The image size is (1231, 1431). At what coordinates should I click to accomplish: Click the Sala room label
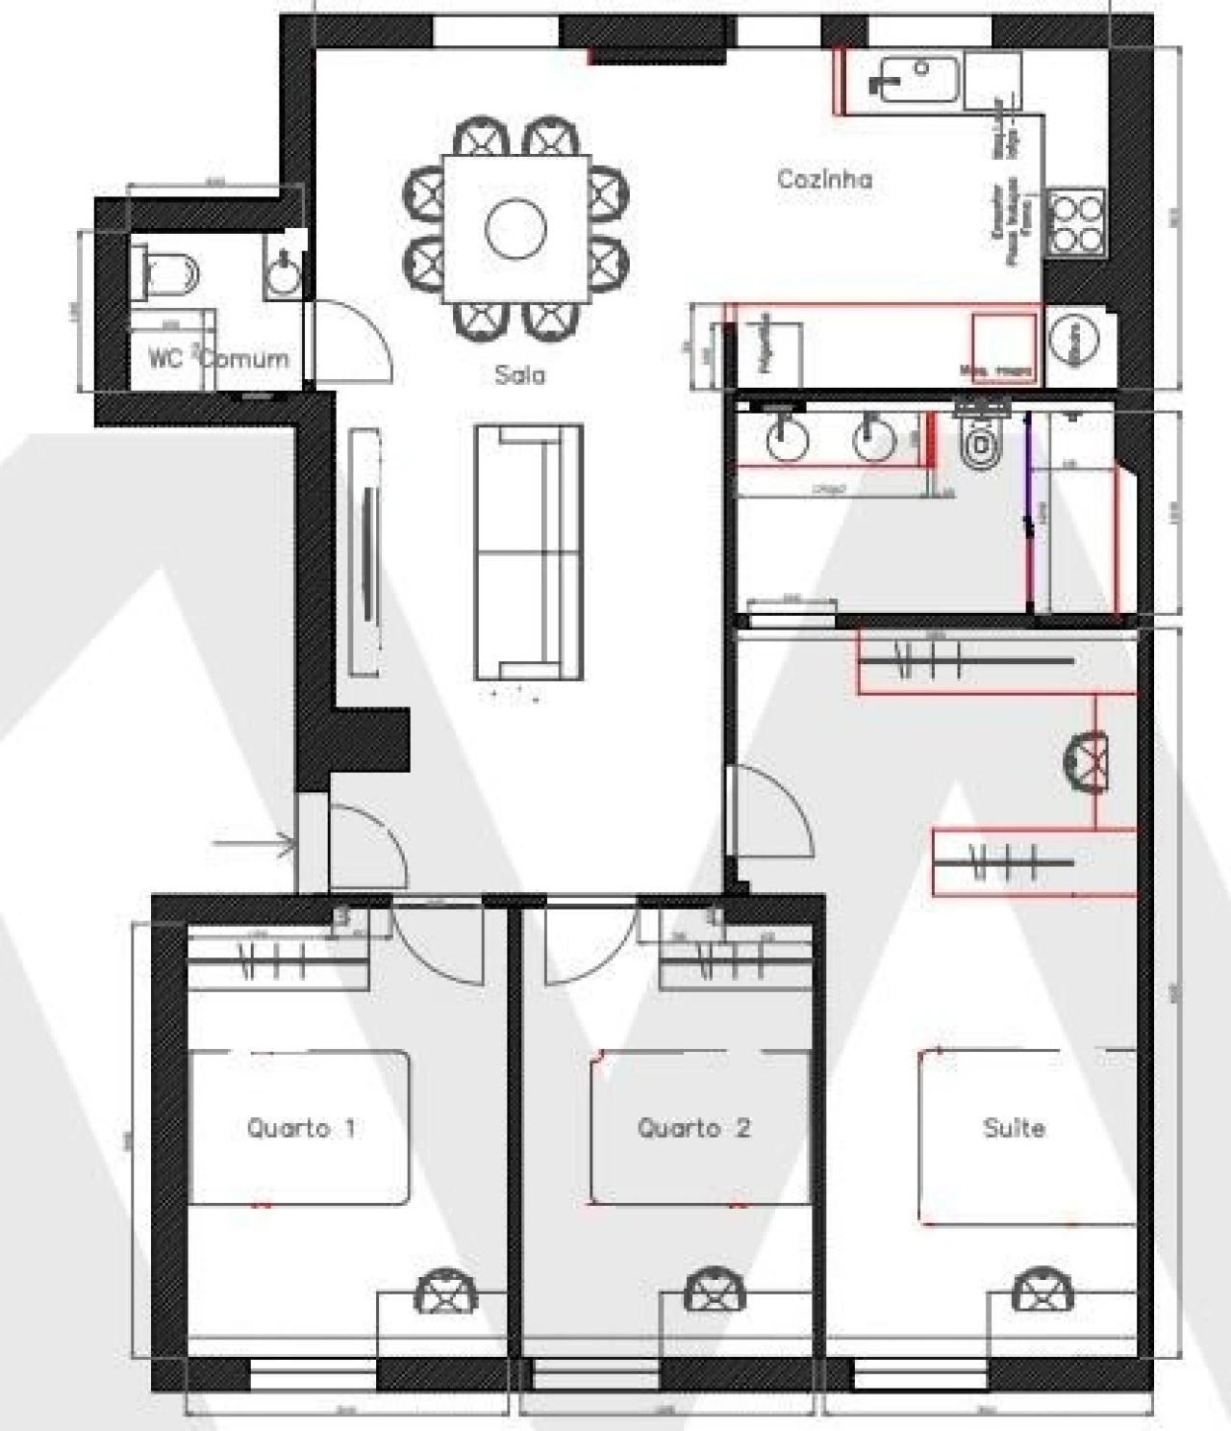point(519,374)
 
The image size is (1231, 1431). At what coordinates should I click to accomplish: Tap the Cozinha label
point(824,179)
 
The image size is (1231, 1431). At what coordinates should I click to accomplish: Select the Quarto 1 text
point(301,1128)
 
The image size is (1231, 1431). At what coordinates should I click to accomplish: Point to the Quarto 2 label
point(692,1128)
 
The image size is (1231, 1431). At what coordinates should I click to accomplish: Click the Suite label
point(1014,1128)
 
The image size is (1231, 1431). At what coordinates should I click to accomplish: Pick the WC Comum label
point(218,359)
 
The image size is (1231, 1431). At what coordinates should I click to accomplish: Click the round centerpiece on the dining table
point(515,229)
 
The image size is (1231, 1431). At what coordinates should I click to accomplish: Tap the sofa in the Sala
point(529,551)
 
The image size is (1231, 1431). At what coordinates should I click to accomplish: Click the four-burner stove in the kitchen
point(1075,222)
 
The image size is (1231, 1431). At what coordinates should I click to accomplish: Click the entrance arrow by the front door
point(254,846)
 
